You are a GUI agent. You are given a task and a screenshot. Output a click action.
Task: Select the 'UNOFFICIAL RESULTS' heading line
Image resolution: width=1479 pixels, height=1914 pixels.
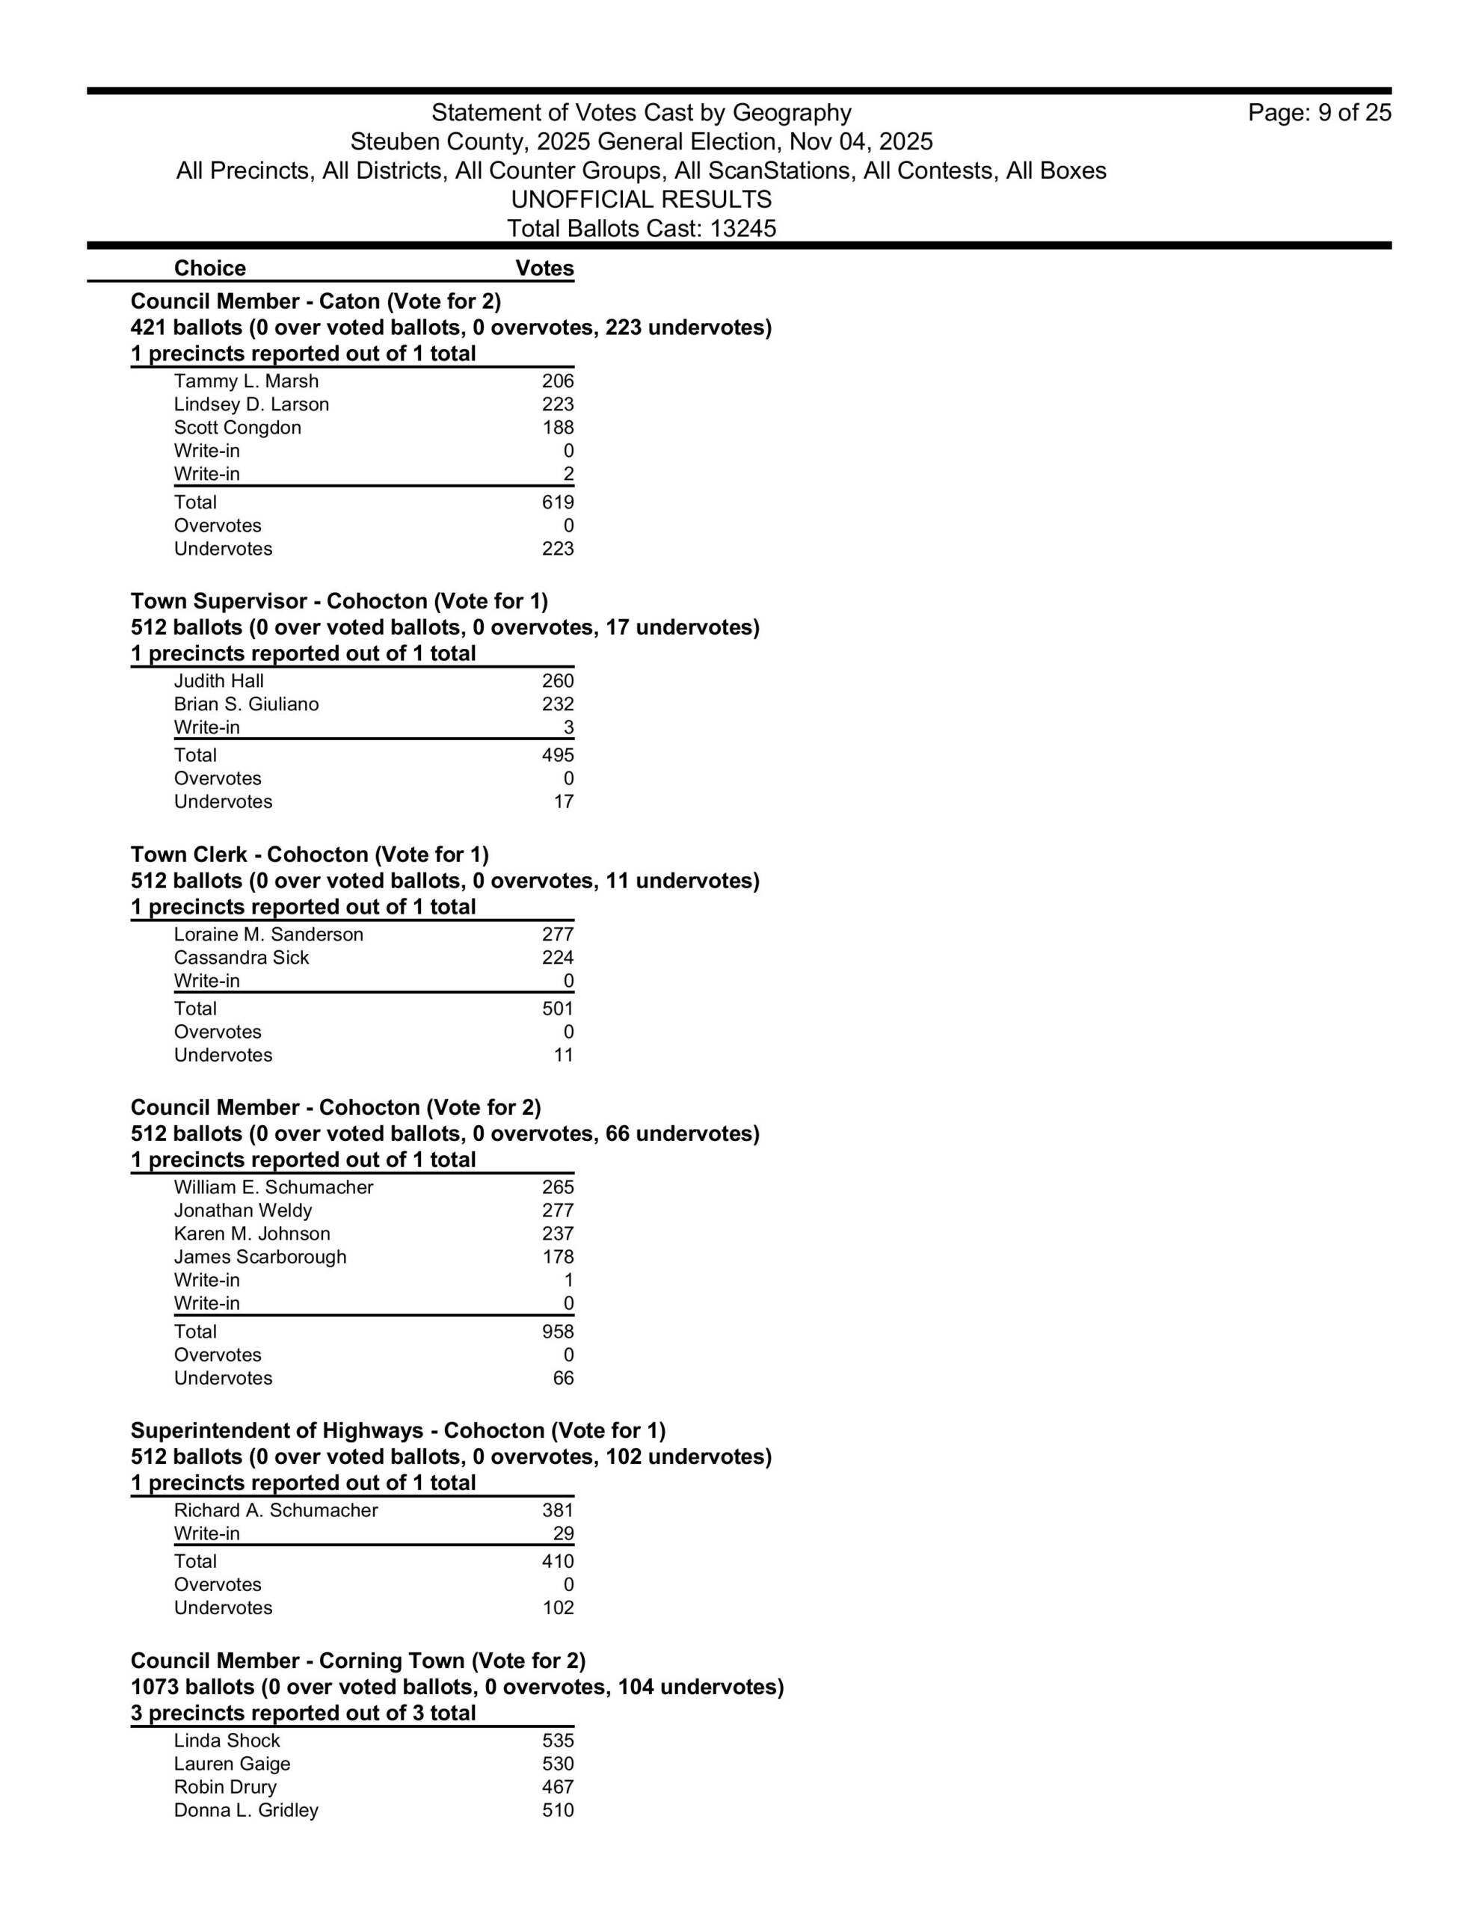[641, 200]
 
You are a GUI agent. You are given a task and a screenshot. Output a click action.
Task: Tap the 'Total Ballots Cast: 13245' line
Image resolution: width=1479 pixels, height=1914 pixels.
[641, 229]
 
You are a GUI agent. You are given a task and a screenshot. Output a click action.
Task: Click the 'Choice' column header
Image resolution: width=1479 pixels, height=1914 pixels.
[209, 268]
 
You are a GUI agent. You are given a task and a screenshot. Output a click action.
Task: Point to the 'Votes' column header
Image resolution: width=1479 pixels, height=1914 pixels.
[544, 268]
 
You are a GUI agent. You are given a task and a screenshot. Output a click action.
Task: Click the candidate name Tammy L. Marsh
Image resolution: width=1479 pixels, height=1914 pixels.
[246, 381]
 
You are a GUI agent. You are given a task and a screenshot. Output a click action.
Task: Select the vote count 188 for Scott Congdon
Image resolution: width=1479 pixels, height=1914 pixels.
[558, 428]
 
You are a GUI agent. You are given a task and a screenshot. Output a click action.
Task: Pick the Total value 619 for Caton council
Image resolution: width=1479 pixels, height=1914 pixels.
[558, 502]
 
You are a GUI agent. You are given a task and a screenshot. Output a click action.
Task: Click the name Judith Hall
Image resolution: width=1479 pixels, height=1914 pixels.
[218, 681]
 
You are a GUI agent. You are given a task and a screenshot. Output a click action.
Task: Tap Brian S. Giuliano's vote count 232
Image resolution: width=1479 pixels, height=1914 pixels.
[558, 704]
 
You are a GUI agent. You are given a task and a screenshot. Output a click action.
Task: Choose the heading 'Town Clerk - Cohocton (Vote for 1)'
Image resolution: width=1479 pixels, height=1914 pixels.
[310, 855]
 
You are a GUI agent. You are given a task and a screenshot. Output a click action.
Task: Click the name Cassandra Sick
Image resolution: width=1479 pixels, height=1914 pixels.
[241, 958]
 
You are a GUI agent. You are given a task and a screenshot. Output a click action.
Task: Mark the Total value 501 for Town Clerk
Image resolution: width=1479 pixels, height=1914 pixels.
[558, 1009]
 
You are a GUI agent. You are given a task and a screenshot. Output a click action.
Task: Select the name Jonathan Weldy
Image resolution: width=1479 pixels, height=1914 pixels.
[243, 1210]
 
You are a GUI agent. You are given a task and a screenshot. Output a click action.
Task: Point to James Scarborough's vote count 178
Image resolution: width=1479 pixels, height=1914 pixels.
[558, 1257]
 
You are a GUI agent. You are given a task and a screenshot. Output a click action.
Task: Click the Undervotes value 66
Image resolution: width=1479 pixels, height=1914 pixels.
[563, 1378]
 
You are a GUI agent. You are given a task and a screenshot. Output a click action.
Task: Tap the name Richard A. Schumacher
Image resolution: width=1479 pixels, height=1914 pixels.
[275, 1510]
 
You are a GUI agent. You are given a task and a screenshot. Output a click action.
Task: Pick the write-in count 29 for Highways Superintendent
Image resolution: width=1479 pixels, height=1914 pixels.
[563, 1533]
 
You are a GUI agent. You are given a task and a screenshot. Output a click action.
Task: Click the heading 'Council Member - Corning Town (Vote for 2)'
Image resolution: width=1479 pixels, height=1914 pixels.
[357, 1661]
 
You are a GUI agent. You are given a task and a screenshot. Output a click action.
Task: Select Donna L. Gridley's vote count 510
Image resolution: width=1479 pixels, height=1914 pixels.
[558, 1811]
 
